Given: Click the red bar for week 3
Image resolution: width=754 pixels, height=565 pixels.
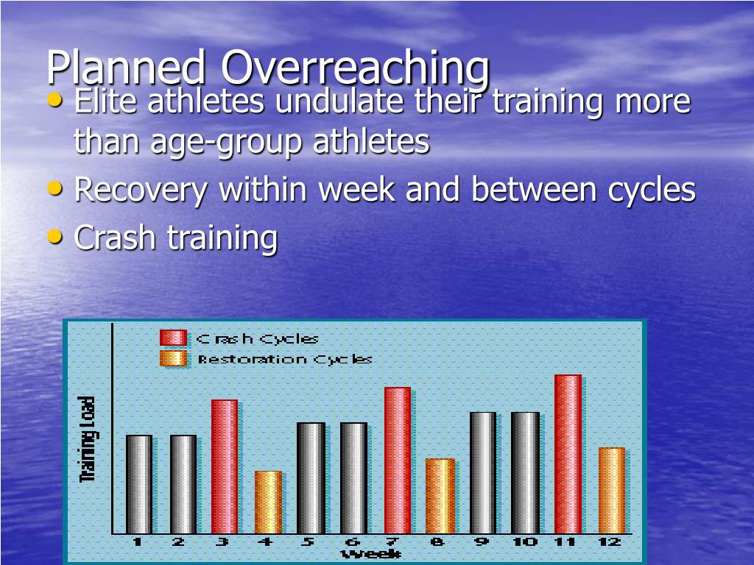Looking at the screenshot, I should point(225,466).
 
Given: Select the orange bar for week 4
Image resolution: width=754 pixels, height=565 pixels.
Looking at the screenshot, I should point(268,502).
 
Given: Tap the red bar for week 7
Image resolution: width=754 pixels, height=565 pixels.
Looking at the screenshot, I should point(398,460).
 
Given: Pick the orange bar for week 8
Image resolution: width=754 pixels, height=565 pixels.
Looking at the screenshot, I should point(440,496).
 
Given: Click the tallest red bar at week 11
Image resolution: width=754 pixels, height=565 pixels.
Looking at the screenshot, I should point(568,454).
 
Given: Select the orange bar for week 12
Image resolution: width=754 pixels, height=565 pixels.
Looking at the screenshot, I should point(611,490).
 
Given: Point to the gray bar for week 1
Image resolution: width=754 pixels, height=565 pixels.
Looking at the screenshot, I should point(139,484).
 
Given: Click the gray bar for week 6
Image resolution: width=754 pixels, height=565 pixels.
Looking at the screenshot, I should point(353,477).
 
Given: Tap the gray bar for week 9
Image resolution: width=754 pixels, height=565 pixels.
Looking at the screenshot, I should point(483,472).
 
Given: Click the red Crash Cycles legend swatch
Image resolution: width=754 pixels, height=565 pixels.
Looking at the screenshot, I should point(173,338).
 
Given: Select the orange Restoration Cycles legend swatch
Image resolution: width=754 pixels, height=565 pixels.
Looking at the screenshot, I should point(173,359).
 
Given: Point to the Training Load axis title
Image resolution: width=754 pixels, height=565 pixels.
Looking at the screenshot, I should point(88,440).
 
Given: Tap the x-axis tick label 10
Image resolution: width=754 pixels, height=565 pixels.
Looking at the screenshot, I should point(525,542).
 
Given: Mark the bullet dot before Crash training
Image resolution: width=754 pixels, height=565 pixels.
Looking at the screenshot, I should point(54,235).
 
